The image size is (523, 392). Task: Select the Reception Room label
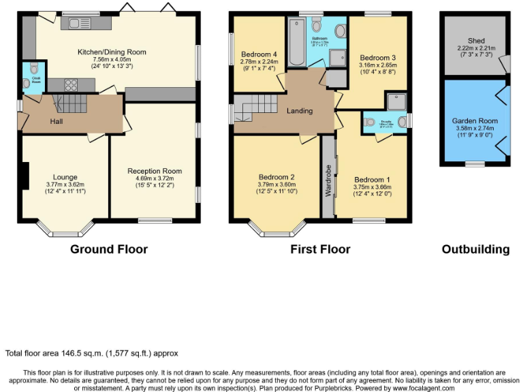click(155, 171)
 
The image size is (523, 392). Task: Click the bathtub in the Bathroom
click(298, 42)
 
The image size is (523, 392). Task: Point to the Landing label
click(300, 111)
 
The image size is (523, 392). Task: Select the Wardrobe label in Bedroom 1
click(328, 180)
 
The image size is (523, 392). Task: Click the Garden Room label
click(475, 120)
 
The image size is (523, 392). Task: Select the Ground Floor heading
click(109, 249)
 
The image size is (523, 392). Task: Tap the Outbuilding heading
click(475, 249)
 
